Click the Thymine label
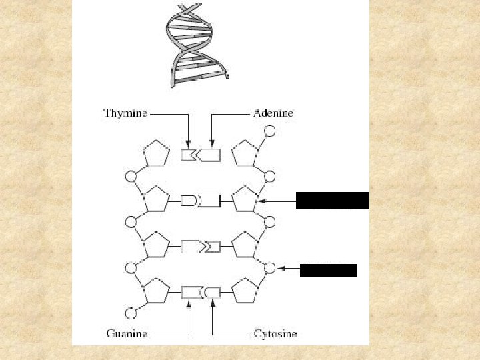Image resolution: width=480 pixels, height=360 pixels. pyautogui.click(x=125, y=113)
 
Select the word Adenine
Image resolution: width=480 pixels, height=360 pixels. pyautogui.click(x=273, y=113)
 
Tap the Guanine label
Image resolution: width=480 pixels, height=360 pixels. pyautogui.click(x=126, y=333)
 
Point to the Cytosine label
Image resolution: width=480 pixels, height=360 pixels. pyautogui.click(x=275, y=333)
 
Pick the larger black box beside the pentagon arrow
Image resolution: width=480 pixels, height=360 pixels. pyautogui.click(x=332, y=200)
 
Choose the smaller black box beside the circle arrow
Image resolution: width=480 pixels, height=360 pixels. pyautogui.click(x=328, y=270)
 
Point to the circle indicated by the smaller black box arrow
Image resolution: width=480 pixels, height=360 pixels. pyautogui.click(x=269, y=268)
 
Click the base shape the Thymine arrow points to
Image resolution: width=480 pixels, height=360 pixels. pyautogui.click(x=187, y=155)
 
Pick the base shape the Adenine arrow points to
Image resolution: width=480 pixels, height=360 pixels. pyautogui.click(x=209, y=155)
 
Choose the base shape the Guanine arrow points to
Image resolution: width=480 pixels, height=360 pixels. pyautogui.click(x=191, y=292)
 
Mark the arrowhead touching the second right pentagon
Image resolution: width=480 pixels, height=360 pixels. pyautogui.click(x=262, y=200)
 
